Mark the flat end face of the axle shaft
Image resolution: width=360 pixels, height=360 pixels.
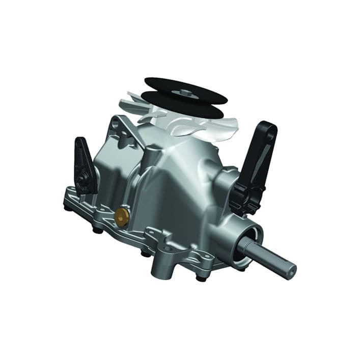click(291, 270)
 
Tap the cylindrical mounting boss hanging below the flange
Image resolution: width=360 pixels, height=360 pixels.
click(159, 262)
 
